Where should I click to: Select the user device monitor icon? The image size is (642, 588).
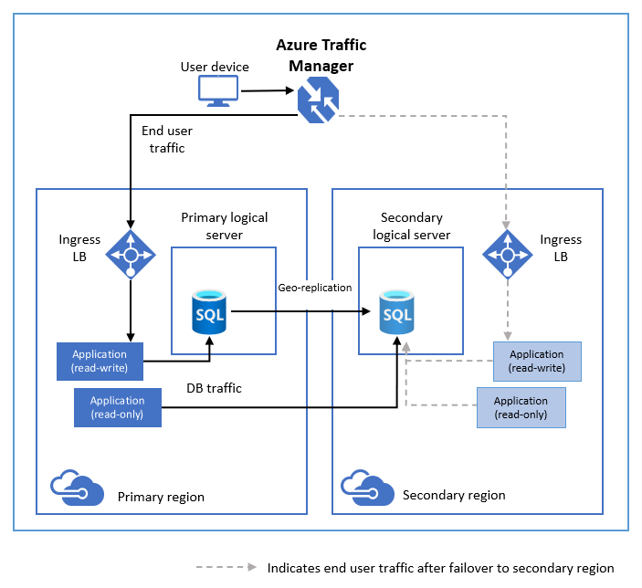tap(218, 90)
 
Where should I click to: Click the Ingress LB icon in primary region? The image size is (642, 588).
tap(131, 251)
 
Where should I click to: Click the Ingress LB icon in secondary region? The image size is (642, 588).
tap(508, 251)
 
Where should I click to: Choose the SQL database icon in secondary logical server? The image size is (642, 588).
tap(398, 311)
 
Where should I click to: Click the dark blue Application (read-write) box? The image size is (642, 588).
tap(100, 361)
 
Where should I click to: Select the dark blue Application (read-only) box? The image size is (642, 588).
tap(117, 407)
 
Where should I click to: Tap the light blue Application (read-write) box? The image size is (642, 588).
tap(536, 361)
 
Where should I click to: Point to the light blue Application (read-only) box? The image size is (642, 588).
tap(521, 407)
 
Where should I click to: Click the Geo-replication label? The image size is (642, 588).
tap(314, 288)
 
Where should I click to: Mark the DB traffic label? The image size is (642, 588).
tap(214, 388)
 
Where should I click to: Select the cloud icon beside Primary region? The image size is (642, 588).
tap(76, 487)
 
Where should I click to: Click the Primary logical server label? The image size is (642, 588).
tap(225, 226)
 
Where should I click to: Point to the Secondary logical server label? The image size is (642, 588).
tap(411, 226)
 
